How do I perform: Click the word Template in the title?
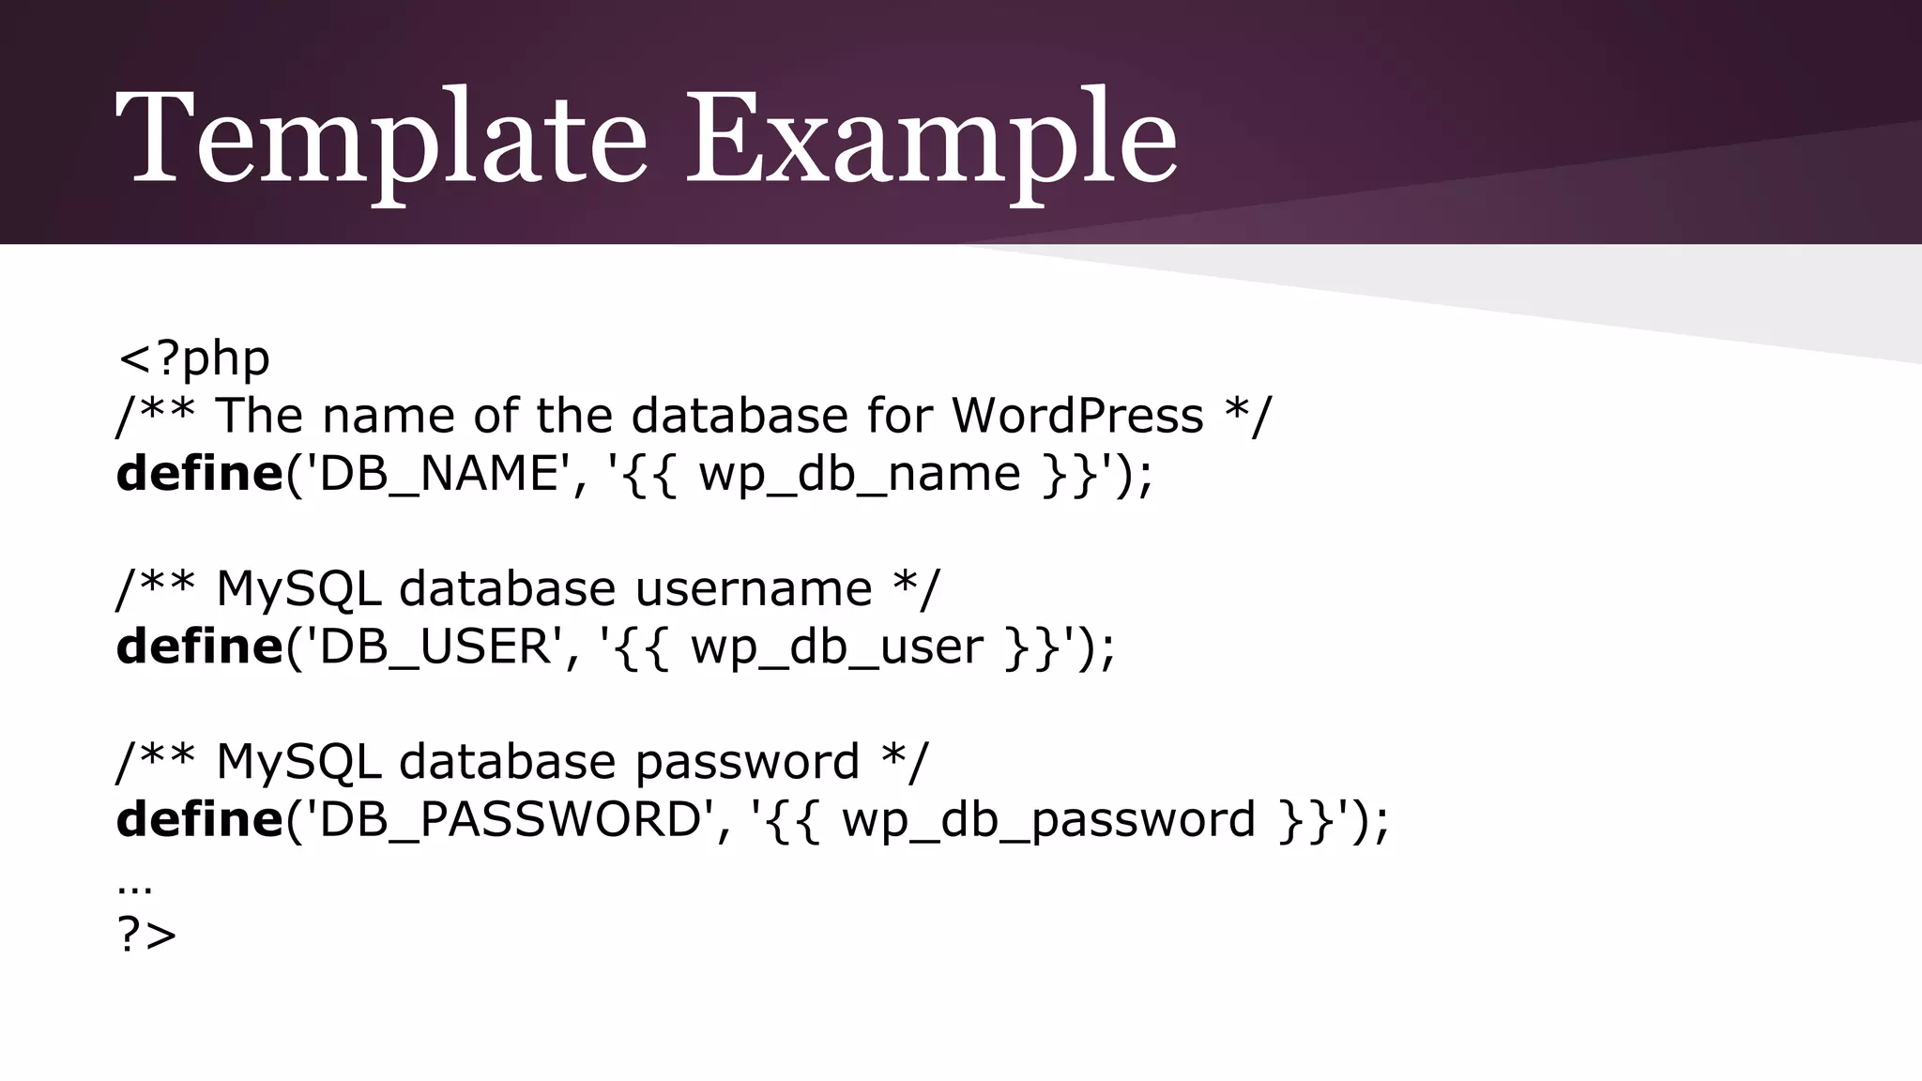click(380, 139)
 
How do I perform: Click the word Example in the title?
click(931, 139)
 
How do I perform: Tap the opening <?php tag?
click(193, 358)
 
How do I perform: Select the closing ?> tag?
click(146, 935)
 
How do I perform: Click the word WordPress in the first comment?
click(1077, 416)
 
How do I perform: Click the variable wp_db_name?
click(859, 474)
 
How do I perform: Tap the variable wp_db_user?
click(836, 647)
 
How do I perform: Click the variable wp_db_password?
click(1048, 819)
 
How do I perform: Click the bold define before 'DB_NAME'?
click(199, 474)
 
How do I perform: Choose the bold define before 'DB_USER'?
click(199, 647)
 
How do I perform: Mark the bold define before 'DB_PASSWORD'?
click(199, 819)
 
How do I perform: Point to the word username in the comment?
click(754, 589)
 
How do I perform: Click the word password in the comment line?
click(747, 762)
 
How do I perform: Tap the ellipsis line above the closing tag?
click(135, 887)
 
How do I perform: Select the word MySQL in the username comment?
click(298, 589)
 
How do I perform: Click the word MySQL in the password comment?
click(298, 762)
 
